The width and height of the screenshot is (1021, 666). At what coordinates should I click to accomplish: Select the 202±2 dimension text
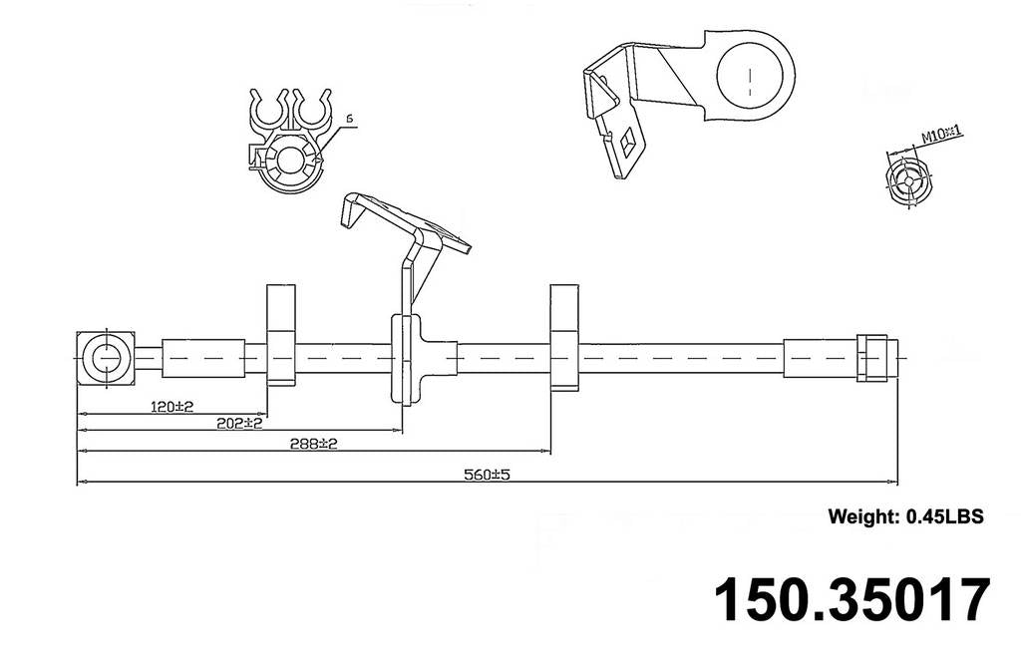(x=238, y=423)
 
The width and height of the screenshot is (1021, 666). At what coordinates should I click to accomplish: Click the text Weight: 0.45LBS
(x=905, y=516)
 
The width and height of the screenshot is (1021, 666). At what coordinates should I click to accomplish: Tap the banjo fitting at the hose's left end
(x=104, y=357)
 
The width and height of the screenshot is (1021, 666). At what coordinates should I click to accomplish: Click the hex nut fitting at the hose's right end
(x=869, y=357)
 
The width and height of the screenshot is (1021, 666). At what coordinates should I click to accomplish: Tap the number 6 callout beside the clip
(x=349, y=120)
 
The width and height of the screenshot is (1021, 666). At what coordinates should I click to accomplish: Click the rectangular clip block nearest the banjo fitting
(x=281, y=335)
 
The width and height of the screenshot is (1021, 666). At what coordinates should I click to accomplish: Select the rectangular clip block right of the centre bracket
(x=564, y=335)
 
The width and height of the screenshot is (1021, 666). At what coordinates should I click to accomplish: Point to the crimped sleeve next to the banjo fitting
(x=203, y=357)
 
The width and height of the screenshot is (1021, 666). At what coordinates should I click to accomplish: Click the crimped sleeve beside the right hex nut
(x=820, y=357)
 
